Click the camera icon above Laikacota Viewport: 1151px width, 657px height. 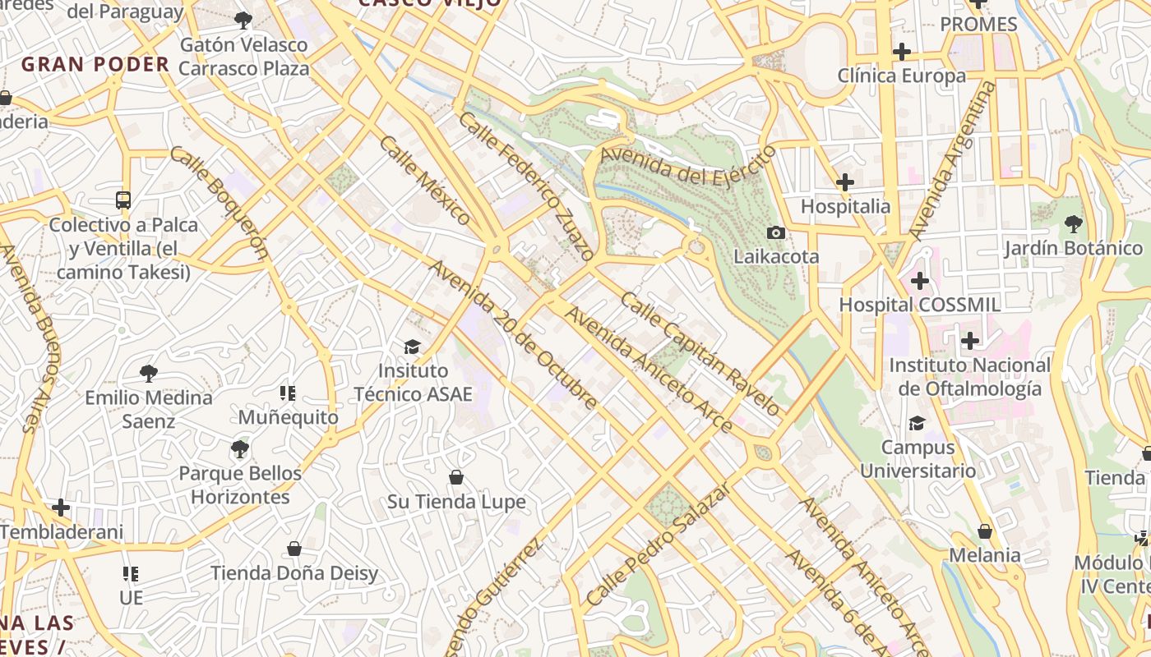775,233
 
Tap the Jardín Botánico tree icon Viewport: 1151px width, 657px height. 1073,223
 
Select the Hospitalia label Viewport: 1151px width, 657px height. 845,206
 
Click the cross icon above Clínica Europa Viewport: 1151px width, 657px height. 902,52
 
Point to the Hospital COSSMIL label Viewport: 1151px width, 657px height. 919,305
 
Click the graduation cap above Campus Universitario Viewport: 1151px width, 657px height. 917,424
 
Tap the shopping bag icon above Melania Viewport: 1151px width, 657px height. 985,531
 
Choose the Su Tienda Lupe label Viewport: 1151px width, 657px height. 456,502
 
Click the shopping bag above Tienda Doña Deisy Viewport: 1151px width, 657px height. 294,549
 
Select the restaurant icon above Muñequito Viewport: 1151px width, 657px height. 287,393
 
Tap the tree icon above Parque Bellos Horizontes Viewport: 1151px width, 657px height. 239,449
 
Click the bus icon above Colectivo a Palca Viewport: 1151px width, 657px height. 123,200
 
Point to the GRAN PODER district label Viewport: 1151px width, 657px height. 95,64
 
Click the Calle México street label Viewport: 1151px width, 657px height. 425,181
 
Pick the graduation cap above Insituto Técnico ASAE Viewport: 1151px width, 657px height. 412,347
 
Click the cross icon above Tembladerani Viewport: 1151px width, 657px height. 61,508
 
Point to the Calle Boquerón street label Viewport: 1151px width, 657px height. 220,202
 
